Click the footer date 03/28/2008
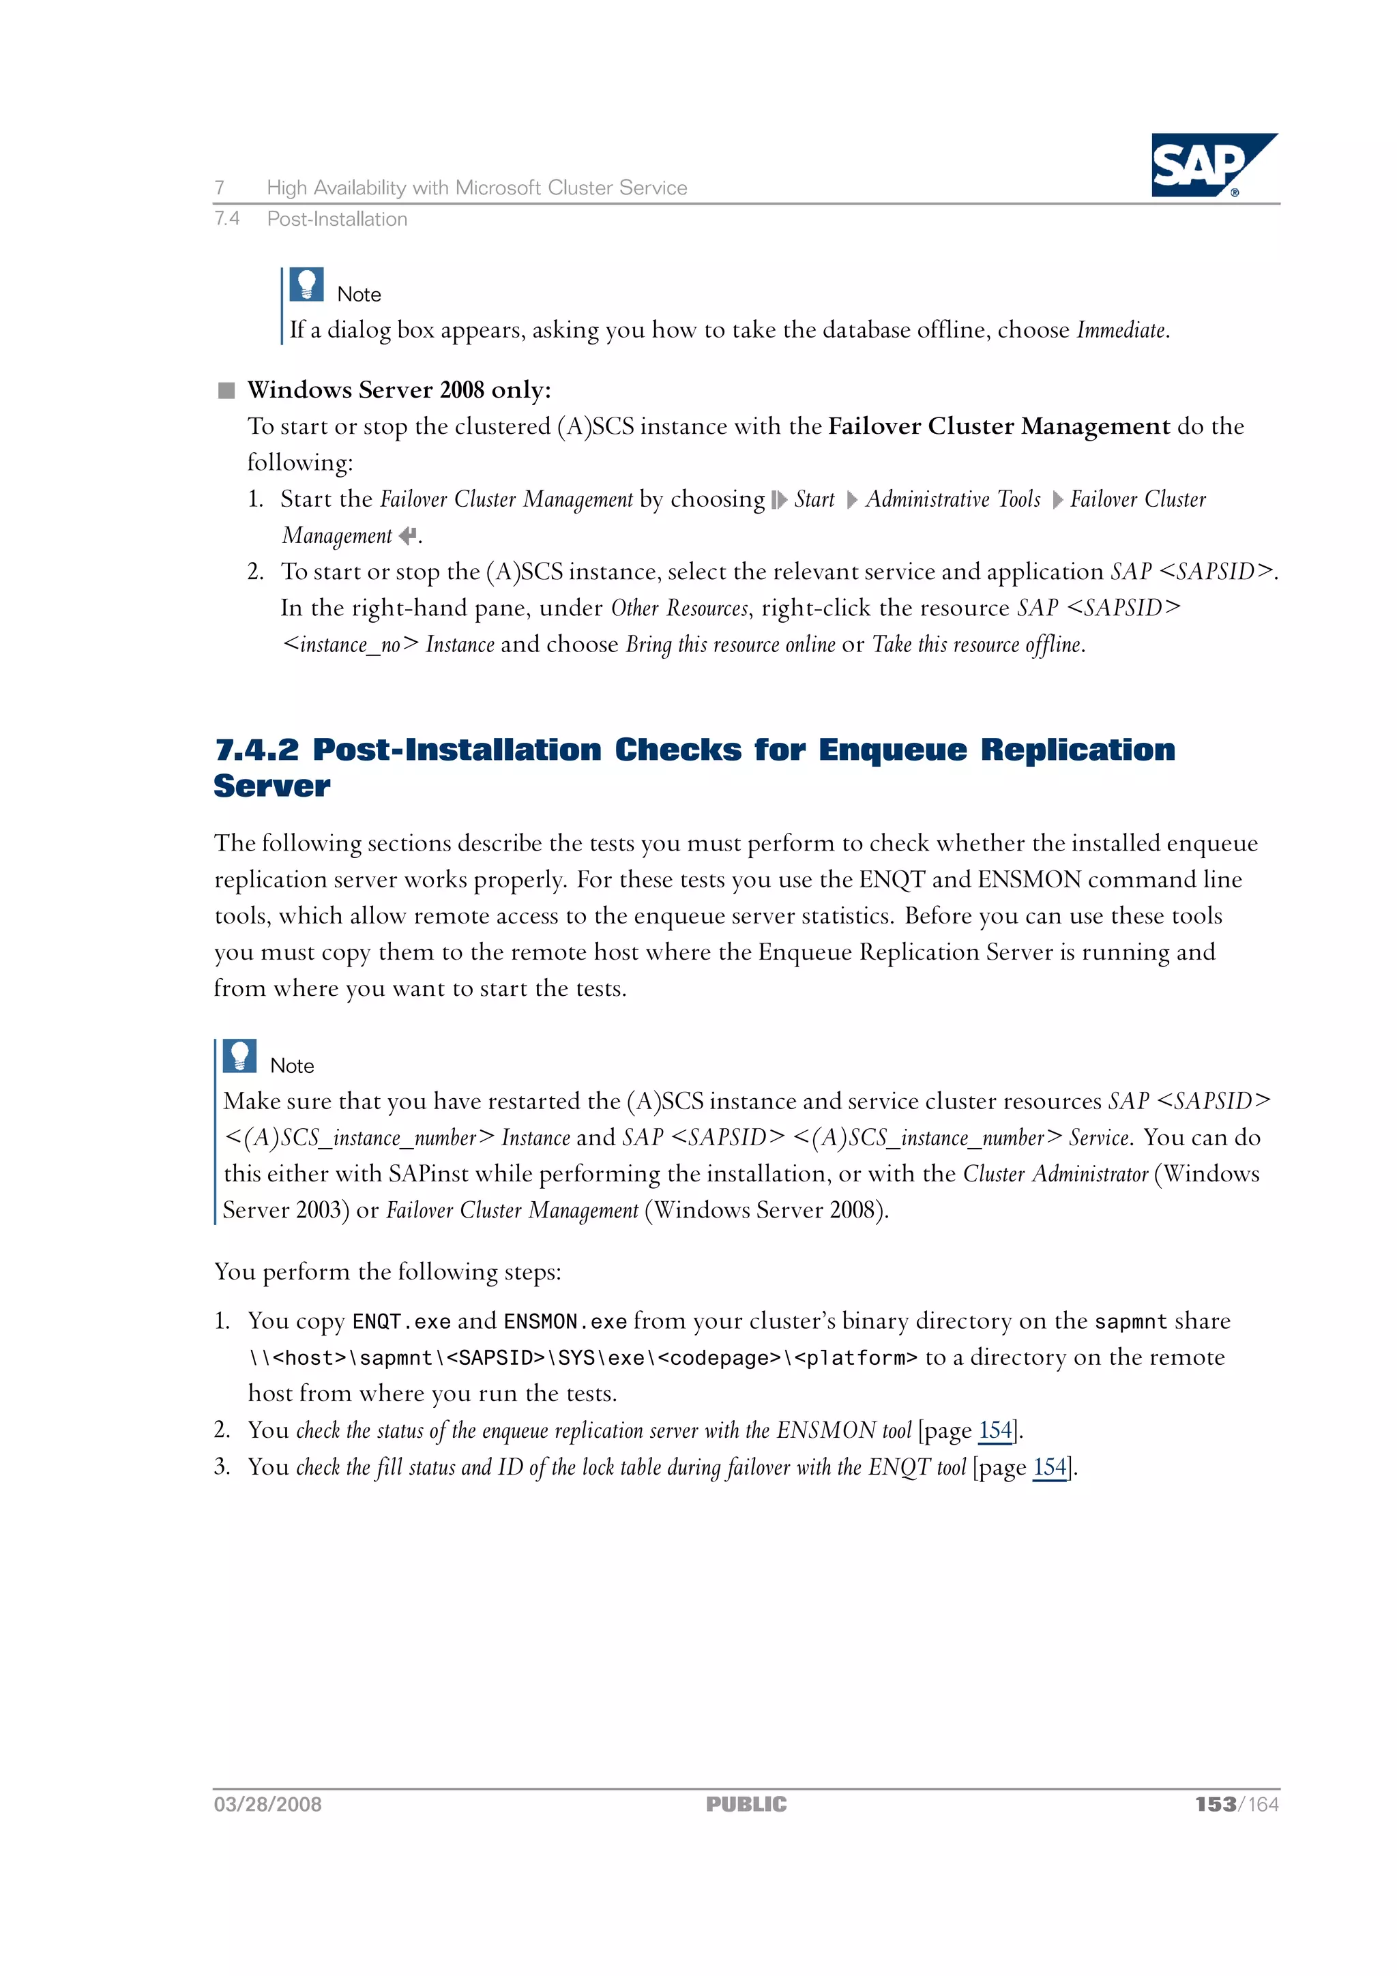click(x=267, y=1804)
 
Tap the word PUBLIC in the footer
click(x=746, y=1804)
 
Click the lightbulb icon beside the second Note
click(x=239, y=1056)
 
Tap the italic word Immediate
click(x=1121, y=331)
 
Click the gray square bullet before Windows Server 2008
click(x=226, y=391)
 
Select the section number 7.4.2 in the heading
click(x=256, y=750)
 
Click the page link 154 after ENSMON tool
click(x=995, y=1430)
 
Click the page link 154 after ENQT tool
click(x=1049, y=1466)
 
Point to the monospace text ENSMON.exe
click(x=565, y=1322)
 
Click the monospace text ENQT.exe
click(x=401, y=1322)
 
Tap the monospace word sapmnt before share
click(x=1130, y=1322)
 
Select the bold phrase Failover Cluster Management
click(x=999, y=427)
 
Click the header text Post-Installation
click(x=336, y=220)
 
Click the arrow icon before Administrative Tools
click(x=851, y=500)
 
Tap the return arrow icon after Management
click(x=407, y=536)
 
